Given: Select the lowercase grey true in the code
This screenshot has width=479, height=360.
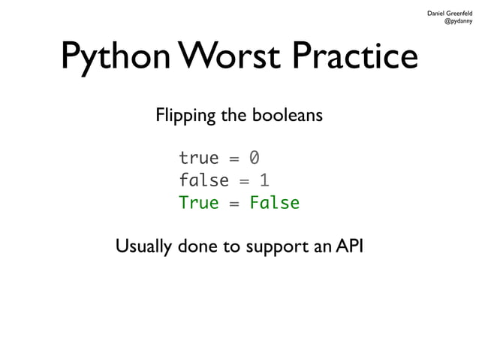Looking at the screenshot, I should point(198,159).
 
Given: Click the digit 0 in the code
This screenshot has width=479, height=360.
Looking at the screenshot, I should point(255,159).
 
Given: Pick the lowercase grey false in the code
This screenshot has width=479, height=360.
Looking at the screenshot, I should point(203,180).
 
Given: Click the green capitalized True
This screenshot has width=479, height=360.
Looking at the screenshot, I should point(198,203).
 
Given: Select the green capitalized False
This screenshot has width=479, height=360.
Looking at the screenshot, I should point(274,203).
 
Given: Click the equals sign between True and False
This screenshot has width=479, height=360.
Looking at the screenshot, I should point(234,204).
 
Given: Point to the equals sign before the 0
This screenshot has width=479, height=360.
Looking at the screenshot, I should point(234,159).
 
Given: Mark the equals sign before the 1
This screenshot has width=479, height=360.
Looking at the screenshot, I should point(244,181).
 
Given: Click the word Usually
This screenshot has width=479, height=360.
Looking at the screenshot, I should point(144,247).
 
